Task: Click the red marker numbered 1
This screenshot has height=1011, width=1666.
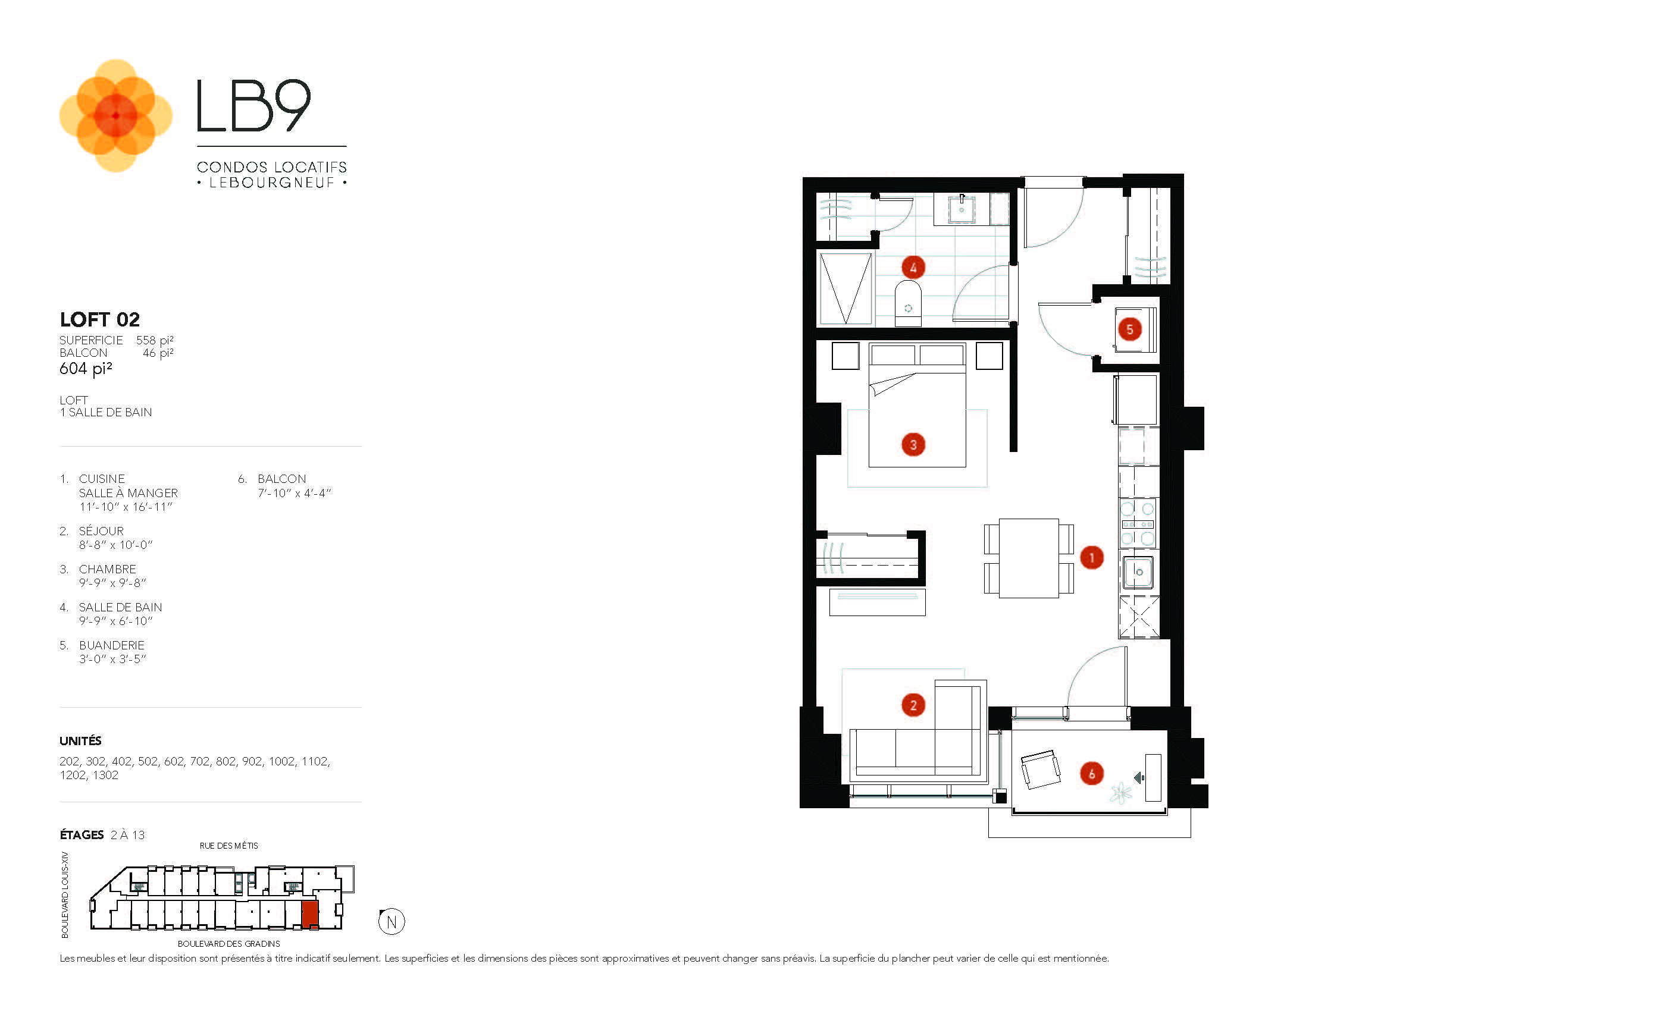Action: pyautogui.click(x=1091, y=558)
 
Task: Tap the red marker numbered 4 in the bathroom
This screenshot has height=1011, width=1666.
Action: pyautogui.click(x=913, y=268)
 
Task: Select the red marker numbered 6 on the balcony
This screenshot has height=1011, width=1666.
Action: pyautogui.click(x=1091, y=774)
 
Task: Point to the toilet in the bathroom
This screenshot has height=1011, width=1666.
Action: pyautogui.click(x=908, y=303)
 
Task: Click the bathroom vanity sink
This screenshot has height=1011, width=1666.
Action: pyautogui.click(x=961, y=209)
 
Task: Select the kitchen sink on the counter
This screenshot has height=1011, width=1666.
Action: pyautogui.click(x=1138, y=572)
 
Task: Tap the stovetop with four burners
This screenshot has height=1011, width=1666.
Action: pyautogui.click(x=1137, y=524)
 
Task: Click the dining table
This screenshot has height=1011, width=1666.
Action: pyautogui.click(x=1028, y=558)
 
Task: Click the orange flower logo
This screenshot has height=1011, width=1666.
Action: pyautogui.click(x=115, y=115)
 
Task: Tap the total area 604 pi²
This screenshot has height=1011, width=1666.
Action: pyautogui.click(x=86, y=368)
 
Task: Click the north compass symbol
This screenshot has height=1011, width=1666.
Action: pyautogui.click(x=392, y=922)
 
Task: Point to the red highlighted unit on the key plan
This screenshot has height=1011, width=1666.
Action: pyautogui.click(x=309, y=915)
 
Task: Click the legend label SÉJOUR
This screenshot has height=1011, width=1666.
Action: pyautogui.click(x=101, y=530)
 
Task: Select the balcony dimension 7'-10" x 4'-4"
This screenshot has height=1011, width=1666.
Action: pyautogui.click(x=294, y=494)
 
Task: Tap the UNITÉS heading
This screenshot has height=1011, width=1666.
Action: pyautogui.click(x=80, y=740)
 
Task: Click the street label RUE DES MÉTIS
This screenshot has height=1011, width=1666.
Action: pyautogui.click(x=228, y=846)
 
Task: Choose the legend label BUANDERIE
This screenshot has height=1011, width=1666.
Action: pyautogui.click(x=112, y=645)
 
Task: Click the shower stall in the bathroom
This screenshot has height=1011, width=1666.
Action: pyautogui.click(x=845, y=288)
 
